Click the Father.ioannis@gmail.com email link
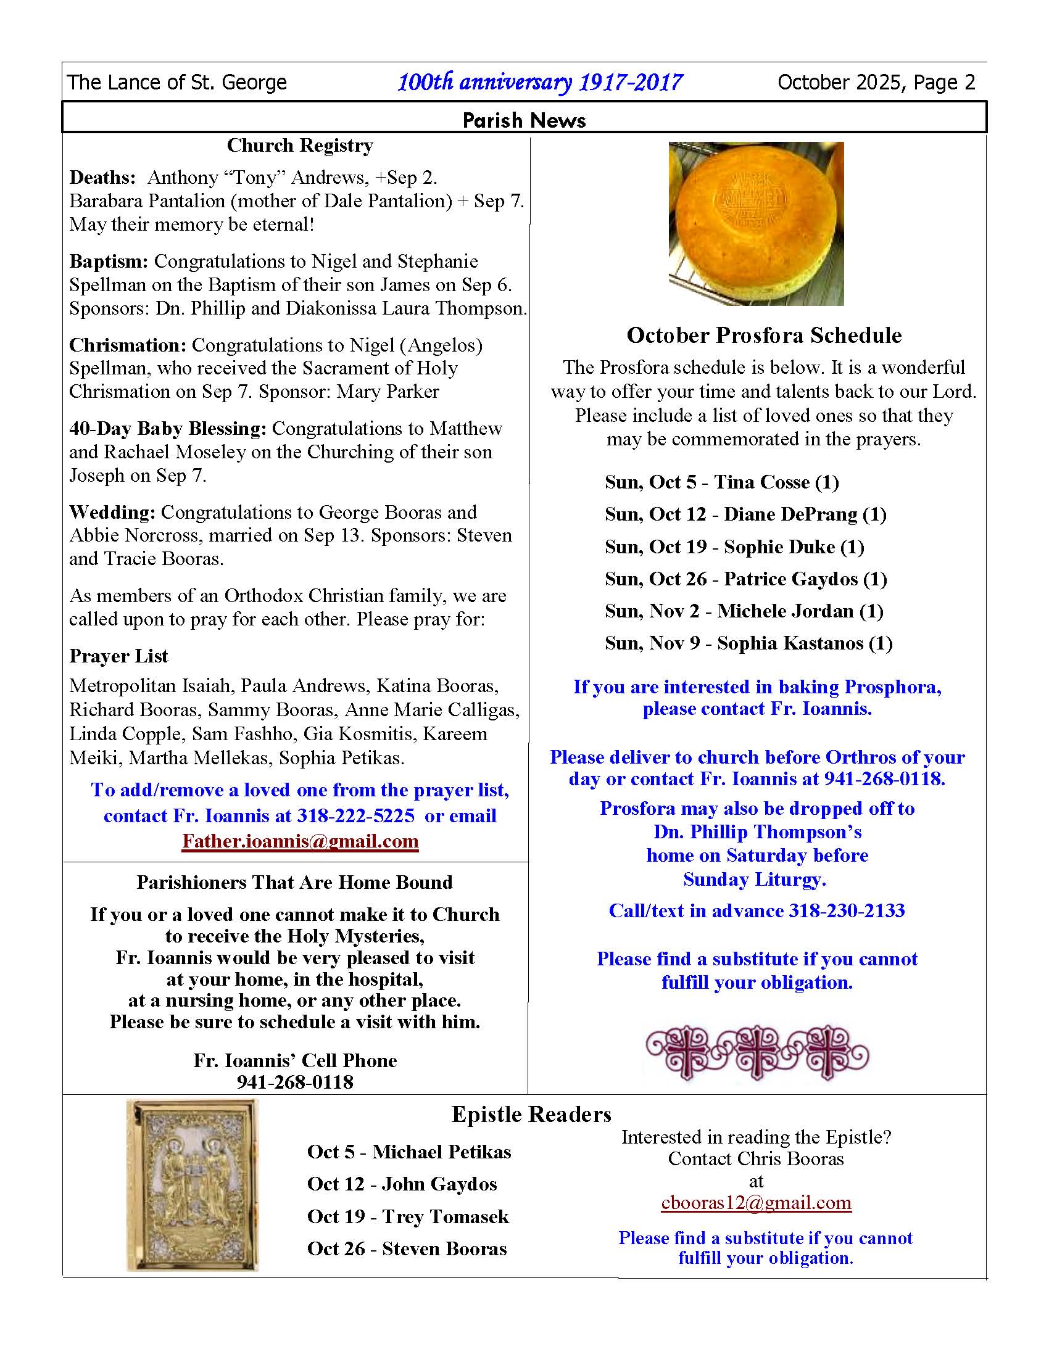pyautogui.click(x=300, y=841)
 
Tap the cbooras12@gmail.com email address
pyautogui.click(x=756, y=1203)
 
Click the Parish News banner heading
pyautogui.click(x=524, y=120)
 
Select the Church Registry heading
pyautogui.click(x=299, y=146)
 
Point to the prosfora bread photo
pyautogui.click(x=756, y=224)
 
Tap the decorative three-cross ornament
pyautogui.click(x=757, y=1052)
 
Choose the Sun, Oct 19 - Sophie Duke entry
pyautogui.click(x=734, y=547)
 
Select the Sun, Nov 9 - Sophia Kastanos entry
pyautogui.click(x=749, y=643)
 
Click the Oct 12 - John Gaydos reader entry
pyautogui.click(x=402, y=1184)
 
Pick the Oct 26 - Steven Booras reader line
pyautogui.click(x=407, y=1249)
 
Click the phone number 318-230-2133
pyautogui.click(x=847, y=911)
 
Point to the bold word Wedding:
pyautogui.click(x=112, y=513)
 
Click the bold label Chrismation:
pyautogui.click(x=127, y=345)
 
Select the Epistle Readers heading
pyautogui.click(x=531, y=1115)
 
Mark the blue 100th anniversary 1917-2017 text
pyautogui.click(x=539, y=83)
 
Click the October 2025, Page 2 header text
pyautogui.click(x=876, y=83)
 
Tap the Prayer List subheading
pyautogui.click(x=118, y=656)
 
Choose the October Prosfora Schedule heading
pyautogui.click(x=764, y=336)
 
